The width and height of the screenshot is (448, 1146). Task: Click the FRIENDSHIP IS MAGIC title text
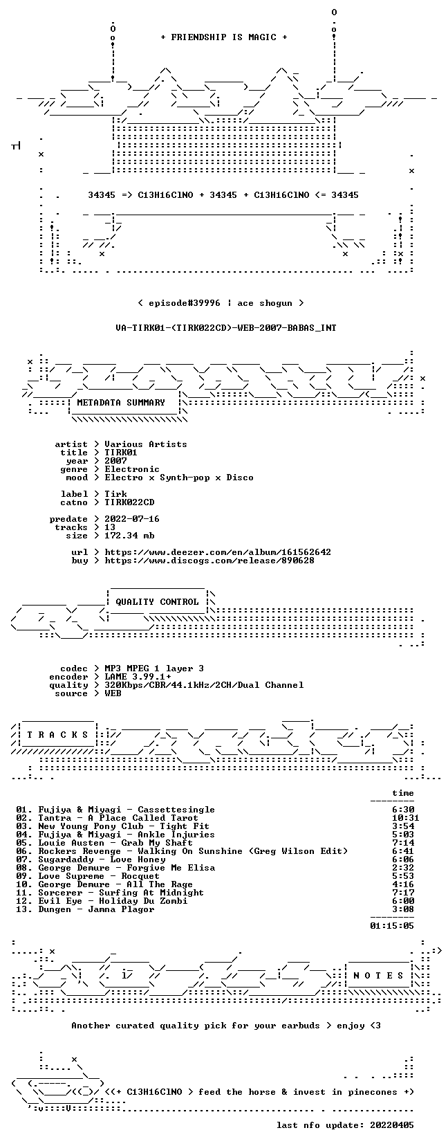(x=224, y=37)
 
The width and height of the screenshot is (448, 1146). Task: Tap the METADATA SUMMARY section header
(x=121, y=403)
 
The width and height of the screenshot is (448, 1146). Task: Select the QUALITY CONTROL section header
(x=157, y=602)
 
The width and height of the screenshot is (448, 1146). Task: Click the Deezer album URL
(x=218, y=552)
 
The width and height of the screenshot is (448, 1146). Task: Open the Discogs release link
(x=209, y=561)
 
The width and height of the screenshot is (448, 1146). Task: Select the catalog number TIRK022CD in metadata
(x=129, y=502)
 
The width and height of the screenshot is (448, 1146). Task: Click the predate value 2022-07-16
(x=132, y=519)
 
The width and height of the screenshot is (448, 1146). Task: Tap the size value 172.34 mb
(x=129, y=536)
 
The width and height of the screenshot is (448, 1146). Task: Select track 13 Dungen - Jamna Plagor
(x=85, y=909)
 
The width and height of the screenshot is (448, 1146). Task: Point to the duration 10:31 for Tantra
(x=406, y=818)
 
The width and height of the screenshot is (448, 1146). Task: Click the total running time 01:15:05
(x=392, y=925)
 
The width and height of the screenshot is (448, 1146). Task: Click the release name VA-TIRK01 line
(x=226, y=328)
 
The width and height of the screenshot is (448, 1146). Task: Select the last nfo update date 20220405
(x=392, y=1125)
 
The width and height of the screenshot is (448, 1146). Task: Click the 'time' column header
(x=403, y=793)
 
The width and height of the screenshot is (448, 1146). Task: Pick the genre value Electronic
(x=132, y=469)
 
